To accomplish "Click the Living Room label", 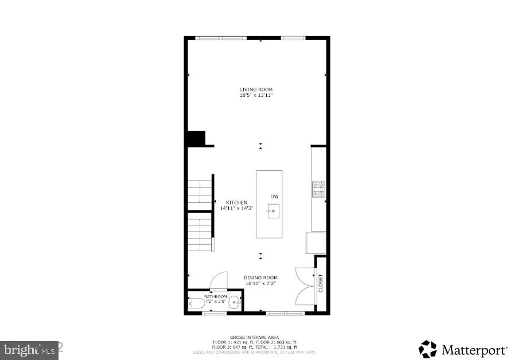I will [x=256, y=89].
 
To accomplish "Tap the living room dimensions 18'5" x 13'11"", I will [x=256, y=95].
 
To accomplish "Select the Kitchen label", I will [x=236, y=202].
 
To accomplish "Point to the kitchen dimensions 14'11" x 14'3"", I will [x=236, y=208].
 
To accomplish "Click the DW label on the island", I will [x=274, y=197].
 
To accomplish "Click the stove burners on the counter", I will [x=318, y=189].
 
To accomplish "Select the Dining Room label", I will [x=260, y=277].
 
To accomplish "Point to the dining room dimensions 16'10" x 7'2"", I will [x=260, y=283].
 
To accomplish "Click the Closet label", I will [x=321, y=283].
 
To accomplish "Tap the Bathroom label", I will [x=216, y=296].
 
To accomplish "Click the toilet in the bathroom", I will [x=195, y=304].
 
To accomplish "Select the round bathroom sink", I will [x=235, y=304].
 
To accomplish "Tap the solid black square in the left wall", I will [x=196, y=138].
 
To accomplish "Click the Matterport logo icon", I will [x=427, y=349].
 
